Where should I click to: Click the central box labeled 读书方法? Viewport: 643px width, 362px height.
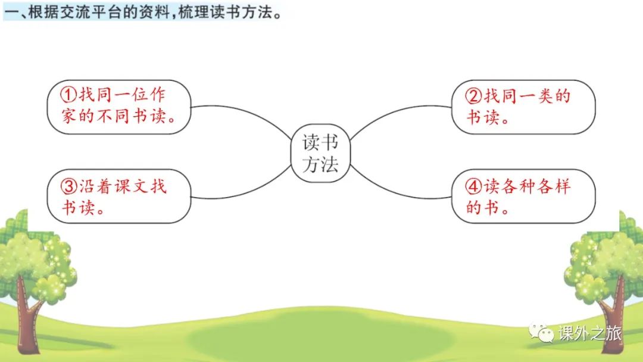click(x=320, y=154)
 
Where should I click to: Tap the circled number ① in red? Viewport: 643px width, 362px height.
click(x=68, y=95)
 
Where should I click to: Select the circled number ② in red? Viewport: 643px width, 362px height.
click(x=474, y=96)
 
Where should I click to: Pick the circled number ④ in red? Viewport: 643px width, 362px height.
click(x=474, y=186)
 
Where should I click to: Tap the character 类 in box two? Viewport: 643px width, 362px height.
click(x=545, y=96)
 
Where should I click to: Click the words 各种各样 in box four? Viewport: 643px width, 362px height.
click(x=527, y=186)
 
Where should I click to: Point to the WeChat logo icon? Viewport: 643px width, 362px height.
click(x=541, y=332)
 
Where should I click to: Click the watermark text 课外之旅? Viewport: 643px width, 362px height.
click(x=589, y=333)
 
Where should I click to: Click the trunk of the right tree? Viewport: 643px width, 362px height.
click(x=613, y=316)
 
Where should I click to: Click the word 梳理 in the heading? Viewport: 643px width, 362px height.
click(x=194, y=13)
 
